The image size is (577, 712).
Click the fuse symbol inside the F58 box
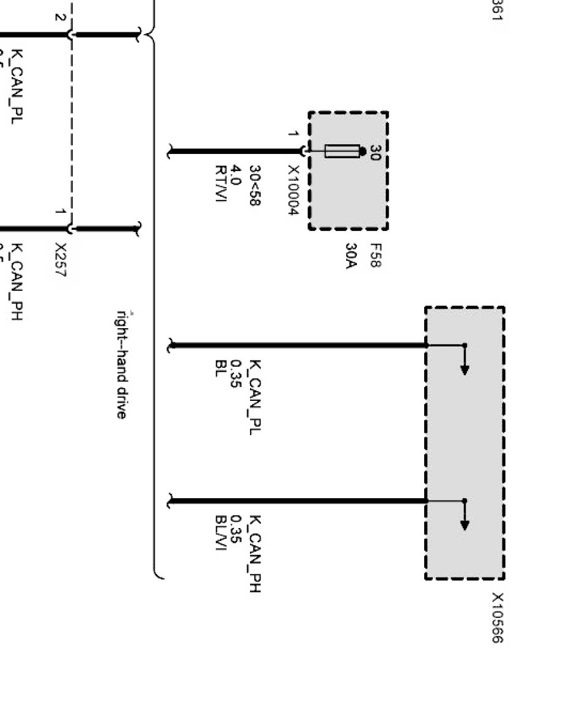(342, 151)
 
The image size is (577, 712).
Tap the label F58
(375, 255)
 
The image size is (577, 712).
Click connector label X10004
(293, 190)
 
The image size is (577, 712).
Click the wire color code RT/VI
(221, 183)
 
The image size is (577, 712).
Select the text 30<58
(254, 185)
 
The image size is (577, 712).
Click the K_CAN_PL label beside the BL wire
(256, 397)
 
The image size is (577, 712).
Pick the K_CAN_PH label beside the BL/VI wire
(256, 554)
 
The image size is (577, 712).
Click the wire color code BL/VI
(221, 532)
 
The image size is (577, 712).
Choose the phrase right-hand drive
(122, 365)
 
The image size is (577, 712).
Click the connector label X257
(60, 260)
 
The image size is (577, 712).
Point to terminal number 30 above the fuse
(375, 153)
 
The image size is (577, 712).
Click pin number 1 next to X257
(59, 212)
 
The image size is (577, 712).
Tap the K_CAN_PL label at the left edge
(18, 87)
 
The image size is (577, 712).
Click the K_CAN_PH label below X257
(18, 282)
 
